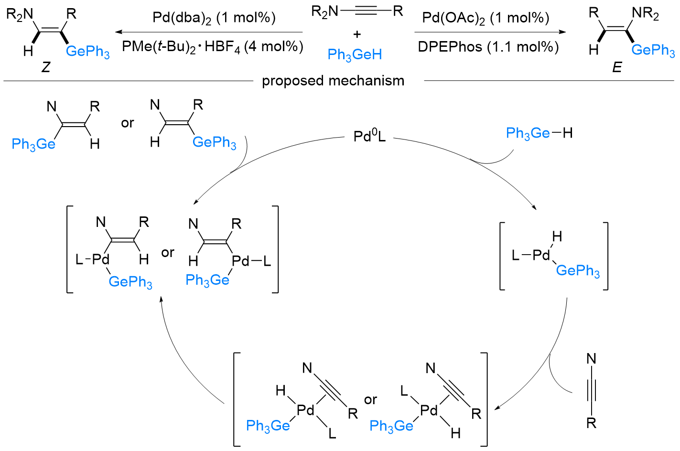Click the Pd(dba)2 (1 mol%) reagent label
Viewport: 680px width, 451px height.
(x=214, y=18)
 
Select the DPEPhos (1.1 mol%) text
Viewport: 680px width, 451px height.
(x=488, y=47)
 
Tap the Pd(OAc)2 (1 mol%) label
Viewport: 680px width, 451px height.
(x=486, y=18)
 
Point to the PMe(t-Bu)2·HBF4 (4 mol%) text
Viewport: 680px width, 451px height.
(x=213, y=47)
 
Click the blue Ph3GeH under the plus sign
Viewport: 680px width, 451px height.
(x=355, y=55)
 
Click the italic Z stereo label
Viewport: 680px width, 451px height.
(x=46, y=67)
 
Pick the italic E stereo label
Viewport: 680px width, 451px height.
(x=617, y=67)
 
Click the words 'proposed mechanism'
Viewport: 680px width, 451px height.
(x=333, y=81)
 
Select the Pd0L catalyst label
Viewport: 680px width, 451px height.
(x=369, y=137)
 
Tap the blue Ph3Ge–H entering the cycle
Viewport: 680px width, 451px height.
(x=539, y=133)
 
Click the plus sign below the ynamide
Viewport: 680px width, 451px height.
(x=357, y=34)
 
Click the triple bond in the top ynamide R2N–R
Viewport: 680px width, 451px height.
(x=365, y=11)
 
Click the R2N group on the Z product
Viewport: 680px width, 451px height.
(x=20, y=14)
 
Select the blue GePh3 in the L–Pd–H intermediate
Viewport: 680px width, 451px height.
(x=578, y=271)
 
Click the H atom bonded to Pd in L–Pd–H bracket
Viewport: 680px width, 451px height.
(x=557, y=236)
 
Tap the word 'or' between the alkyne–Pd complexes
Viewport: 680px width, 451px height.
(x=370, y=399)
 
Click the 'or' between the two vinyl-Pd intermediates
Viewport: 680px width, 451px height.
(x=168, y=252)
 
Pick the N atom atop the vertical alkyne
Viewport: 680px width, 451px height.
(x=591, y=359)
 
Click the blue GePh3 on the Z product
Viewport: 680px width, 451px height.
(x=88, y=51)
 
